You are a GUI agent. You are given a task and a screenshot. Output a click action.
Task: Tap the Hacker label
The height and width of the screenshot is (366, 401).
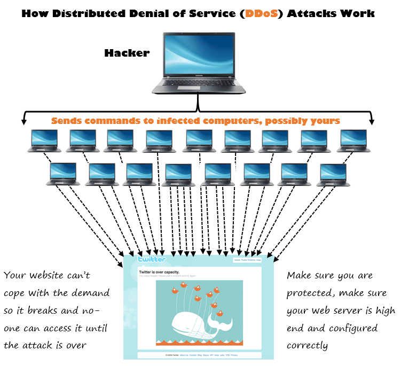127,53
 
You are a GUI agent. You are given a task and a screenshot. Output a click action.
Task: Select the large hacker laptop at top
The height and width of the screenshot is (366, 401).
198,62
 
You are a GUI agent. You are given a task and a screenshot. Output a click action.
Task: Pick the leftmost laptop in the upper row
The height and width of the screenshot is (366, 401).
44,141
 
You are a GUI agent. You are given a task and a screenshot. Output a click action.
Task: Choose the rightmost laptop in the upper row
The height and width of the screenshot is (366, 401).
353,141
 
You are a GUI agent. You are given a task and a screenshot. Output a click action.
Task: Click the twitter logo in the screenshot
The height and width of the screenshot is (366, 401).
152,260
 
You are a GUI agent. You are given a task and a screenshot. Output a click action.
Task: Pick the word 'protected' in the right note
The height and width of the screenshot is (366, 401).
308,293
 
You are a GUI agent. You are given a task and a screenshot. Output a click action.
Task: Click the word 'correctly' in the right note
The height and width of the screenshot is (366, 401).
307,346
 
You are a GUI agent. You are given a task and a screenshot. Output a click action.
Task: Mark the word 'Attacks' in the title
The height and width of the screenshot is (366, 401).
313,13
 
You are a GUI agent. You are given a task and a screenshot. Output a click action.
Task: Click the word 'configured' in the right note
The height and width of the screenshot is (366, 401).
354,328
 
